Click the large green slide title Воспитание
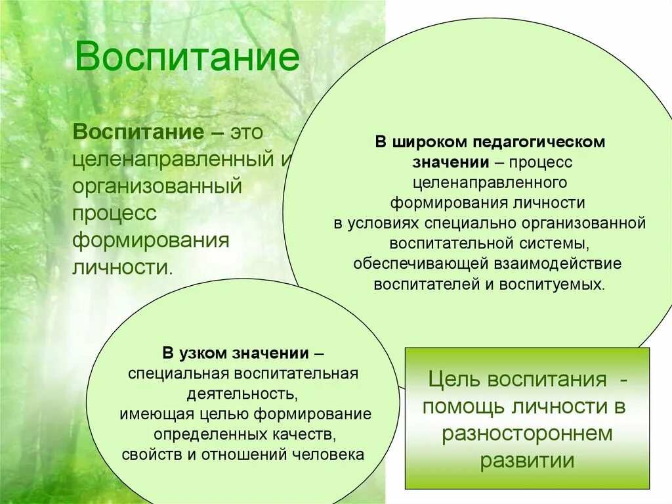[187, 57]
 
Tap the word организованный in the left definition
[157, 185]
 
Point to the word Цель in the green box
[452, 379]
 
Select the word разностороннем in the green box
[527, 434]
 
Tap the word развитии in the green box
[527, 461]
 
